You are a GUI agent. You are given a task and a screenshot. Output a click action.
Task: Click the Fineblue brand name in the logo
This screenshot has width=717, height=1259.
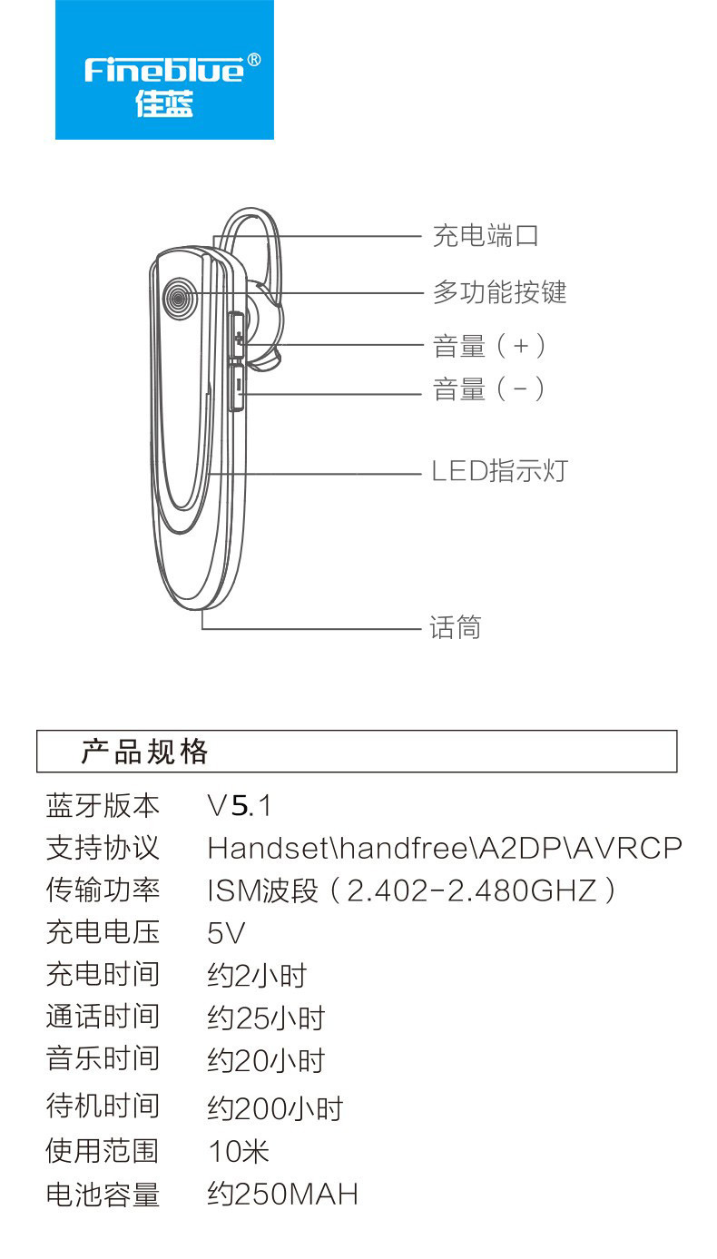click(x=164, y=70)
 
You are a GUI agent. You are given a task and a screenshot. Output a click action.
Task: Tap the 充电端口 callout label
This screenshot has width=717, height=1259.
click(x=486, y=235)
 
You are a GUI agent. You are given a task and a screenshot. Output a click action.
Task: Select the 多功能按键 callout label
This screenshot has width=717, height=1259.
click(x=499, y=292)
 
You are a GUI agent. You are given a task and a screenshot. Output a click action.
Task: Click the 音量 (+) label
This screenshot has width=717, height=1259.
click(x=488, y=346)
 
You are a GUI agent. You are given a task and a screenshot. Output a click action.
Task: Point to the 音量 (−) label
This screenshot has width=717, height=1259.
click(x=488, y=389)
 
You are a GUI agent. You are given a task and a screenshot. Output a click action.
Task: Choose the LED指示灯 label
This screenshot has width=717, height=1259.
click(x=499, y=471)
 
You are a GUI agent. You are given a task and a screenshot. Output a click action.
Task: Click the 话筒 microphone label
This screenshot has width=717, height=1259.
click(x=455, y=627)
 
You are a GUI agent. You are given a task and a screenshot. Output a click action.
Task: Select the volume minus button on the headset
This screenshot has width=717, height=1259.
click(x=239, y=388)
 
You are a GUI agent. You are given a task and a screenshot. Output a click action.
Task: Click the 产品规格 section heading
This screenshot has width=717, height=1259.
click(x=144, y=752)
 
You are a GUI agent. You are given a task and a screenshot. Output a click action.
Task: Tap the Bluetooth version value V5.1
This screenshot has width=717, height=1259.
click(x=240, y=805)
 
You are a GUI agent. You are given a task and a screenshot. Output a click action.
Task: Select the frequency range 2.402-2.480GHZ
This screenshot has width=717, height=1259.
click(x=471, y=890)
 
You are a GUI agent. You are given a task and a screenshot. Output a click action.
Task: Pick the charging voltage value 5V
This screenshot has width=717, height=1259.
click(x=226, y=933)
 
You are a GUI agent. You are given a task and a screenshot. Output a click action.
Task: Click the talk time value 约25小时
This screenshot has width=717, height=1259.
click(x=266, y=1018)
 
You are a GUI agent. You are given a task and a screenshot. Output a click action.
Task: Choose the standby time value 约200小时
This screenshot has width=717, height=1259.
click(x=275, y=1109)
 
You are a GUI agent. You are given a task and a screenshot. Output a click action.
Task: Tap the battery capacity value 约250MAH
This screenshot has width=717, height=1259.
click(x=282, y=1194)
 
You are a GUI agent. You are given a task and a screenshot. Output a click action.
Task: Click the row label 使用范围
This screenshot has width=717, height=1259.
click(x=103, y=1150)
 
